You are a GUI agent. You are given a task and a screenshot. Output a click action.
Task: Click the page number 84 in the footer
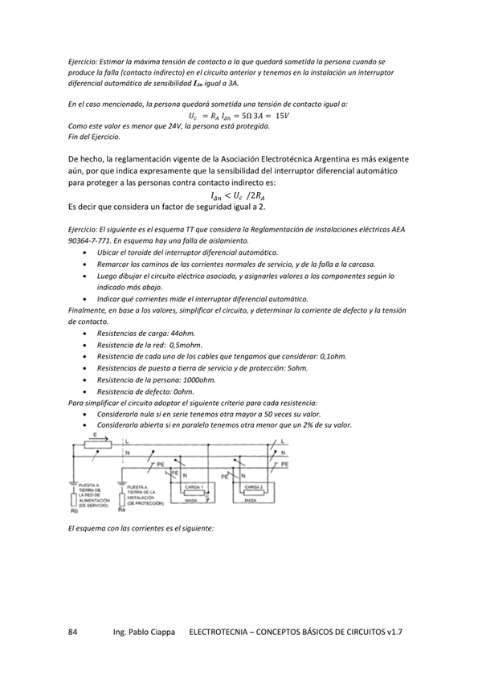point(73,633)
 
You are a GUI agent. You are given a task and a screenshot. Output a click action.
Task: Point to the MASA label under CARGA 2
point(253,500)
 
